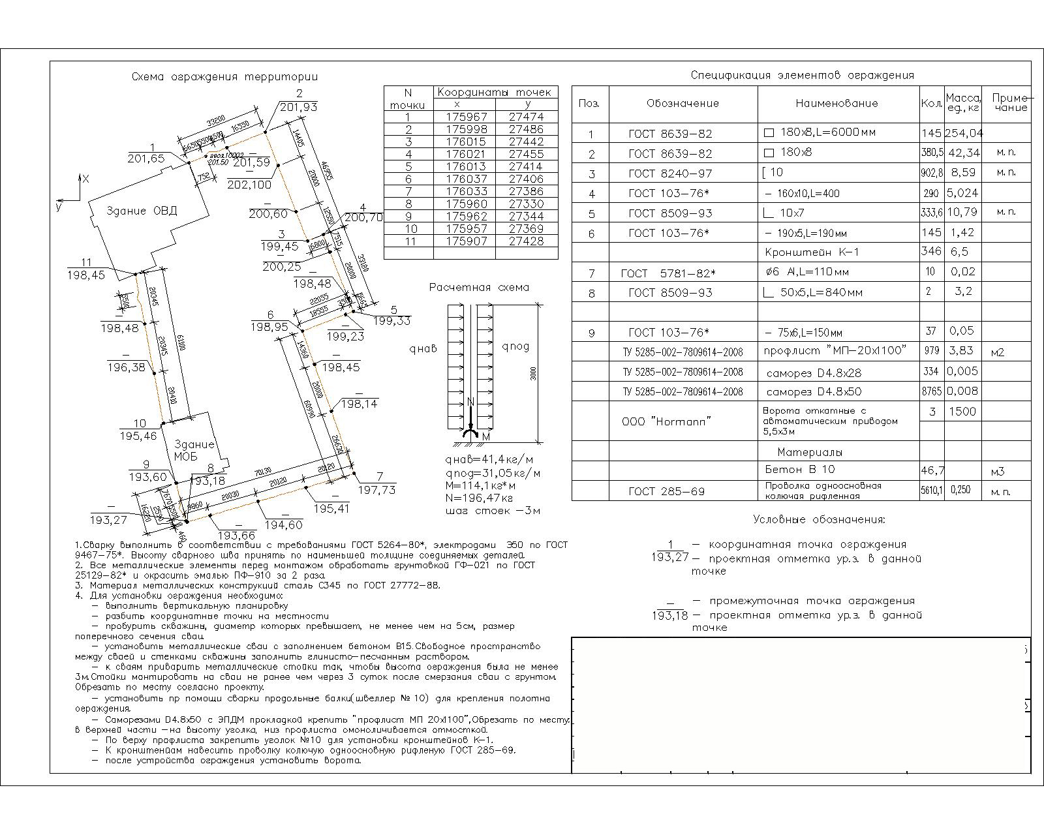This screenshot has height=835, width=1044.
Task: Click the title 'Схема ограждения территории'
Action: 224,77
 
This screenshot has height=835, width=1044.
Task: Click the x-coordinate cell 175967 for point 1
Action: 467,117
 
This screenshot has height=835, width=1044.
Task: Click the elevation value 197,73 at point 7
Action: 377,490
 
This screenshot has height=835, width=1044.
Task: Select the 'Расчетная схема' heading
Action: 480,288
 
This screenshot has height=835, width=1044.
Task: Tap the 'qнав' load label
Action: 423,349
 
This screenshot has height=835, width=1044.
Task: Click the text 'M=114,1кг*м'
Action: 481,485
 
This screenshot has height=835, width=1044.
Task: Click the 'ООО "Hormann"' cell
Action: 666,421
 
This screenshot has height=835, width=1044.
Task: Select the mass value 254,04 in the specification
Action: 964,133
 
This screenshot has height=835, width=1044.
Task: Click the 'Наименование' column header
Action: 837,103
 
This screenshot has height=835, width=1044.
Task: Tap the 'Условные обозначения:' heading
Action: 819,520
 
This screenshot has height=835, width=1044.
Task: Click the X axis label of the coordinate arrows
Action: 86,177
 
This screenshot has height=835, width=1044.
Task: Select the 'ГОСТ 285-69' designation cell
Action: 666,491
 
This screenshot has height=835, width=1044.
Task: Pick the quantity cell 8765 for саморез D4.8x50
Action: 931,391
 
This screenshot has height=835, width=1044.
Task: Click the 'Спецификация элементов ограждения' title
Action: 802,76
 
